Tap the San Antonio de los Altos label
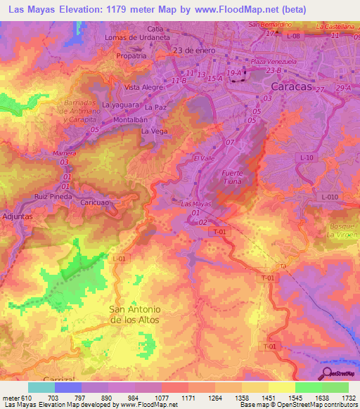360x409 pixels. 136,314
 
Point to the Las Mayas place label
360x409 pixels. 197,204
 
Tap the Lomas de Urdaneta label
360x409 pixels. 137,37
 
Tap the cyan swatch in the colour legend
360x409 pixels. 41,387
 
